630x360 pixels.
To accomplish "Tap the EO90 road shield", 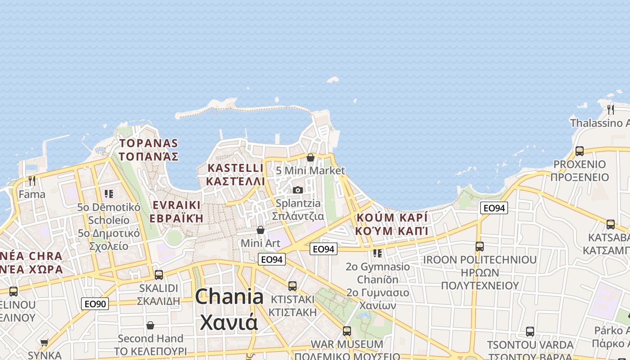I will point(95,304).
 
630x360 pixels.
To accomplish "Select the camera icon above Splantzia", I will point(298,190).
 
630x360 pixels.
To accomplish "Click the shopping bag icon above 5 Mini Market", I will point(310,157).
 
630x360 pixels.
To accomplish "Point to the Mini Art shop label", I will point(261,243).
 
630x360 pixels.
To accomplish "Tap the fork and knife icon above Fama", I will point(31,181).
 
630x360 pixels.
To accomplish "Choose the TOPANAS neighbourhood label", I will point(148,150).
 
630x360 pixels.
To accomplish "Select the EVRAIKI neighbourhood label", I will point(176,211).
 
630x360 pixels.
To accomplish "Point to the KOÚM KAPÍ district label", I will point(391,224).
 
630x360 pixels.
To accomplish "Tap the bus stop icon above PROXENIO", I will point(580,151).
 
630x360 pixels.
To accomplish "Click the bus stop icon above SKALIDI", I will point(158,274).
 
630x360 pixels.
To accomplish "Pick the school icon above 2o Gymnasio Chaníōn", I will point(378,253).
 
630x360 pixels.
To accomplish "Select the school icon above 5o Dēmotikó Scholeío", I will point(108,194).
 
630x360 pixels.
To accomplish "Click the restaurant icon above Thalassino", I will point(610,109).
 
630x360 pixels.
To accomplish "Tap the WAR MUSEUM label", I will point(347,344).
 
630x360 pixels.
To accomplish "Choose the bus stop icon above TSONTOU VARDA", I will point(530,332).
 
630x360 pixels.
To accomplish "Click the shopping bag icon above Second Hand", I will point(150,325).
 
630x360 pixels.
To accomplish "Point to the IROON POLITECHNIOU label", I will point(480,260).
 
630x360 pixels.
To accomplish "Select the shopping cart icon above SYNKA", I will point(44,343).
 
